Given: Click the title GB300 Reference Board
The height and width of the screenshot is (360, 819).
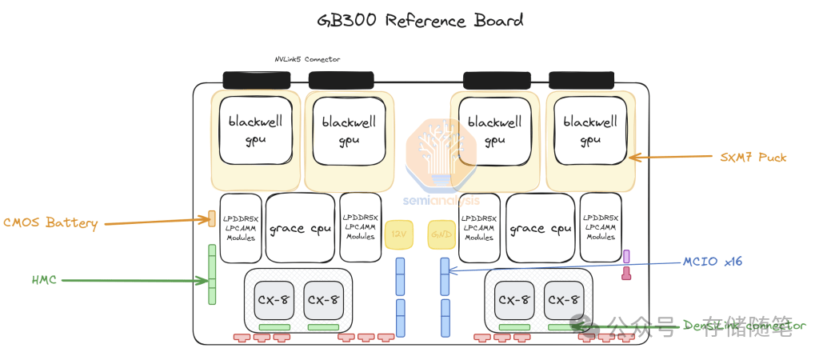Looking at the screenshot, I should tap(420, 21).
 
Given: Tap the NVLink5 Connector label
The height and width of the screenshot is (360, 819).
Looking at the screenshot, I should tap(307, 59).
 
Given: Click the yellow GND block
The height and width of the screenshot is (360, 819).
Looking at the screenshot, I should tap(440, 234).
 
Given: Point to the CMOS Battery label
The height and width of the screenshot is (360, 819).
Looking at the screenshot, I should tap(50, 223).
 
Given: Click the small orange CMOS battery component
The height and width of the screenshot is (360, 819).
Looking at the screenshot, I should tap(212, 218).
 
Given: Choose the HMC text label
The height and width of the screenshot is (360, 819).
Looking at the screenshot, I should tap(43, 280).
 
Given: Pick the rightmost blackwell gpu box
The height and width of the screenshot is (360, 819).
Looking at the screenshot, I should tap(590, 130).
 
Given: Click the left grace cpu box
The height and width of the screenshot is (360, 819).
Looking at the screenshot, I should tap(300, 228).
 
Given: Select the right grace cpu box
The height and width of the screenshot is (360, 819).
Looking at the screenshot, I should tap(541, 228).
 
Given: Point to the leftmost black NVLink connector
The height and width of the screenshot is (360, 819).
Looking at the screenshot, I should tap(256, 80).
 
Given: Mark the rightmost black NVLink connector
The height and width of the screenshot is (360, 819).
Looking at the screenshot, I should tap(582, 80).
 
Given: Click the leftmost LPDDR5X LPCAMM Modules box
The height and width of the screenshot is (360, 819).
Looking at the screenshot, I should tap(240, 228).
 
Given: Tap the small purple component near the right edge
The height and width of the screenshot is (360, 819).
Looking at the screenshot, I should tap(626, 256).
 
